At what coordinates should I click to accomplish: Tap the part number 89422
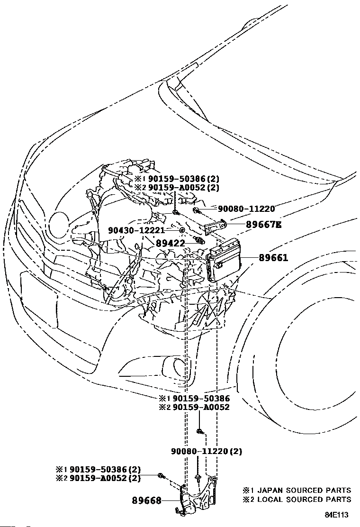tap(171, 243)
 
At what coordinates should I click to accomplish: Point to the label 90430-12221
tap(136, 230)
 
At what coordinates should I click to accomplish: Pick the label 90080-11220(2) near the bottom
tap(207, 452)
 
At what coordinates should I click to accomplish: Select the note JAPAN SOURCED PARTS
tap(302, 490)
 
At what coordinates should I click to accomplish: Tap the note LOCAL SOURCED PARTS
tap(302, 499)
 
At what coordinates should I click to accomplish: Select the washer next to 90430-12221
tap(182, 231)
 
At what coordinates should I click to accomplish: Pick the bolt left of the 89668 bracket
tap(162, 475)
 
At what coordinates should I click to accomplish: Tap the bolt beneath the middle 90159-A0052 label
tap(199, 431)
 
